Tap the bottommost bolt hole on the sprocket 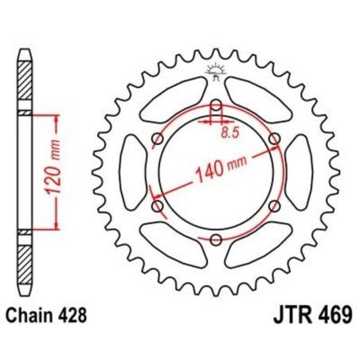217,239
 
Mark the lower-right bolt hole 275,206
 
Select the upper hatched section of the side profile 25,88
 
